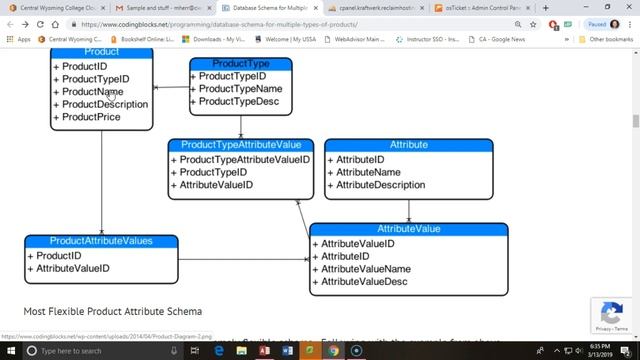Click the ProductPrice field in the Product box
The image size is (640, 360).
point(91,117)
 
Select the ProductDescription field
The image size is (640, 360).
point(105,104)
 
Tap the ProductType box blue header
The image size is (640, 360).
point(241,64)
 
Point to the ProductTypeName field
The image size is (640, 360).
point(240,89)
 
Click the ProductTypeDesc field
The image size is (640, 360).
point(239,102)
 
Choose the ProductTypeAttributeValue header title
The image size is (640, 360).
point(240,145)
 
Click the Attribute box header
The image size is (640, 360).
point(408,145)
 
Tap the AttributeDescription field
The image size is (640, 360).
point(380,185)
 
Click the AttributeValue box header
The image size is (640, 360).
point(408,229)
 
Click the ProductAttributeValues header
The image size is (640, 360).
point(101,241)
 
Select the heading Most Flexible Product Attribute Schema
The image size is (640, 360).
point(112,311)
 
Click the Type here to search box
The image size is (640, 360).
point(85,352)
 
